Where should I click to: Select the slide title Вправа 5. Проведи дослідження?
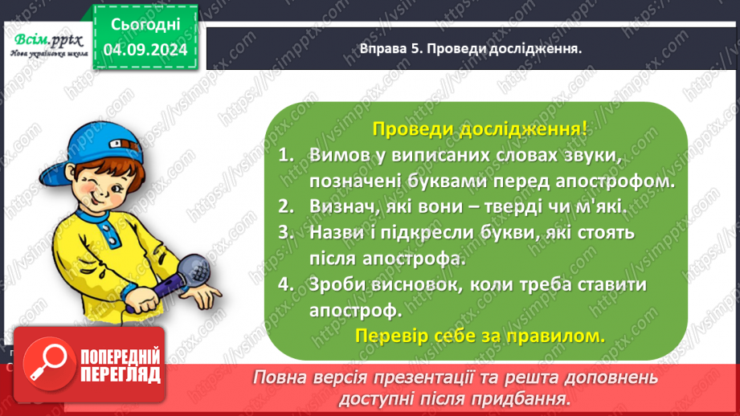(471, 48)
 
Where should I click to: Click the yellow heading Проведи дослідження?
(479, 128)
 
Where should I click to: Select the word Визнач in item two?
(336, 206)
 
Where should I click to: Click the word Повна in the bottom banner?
(282, 377)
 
